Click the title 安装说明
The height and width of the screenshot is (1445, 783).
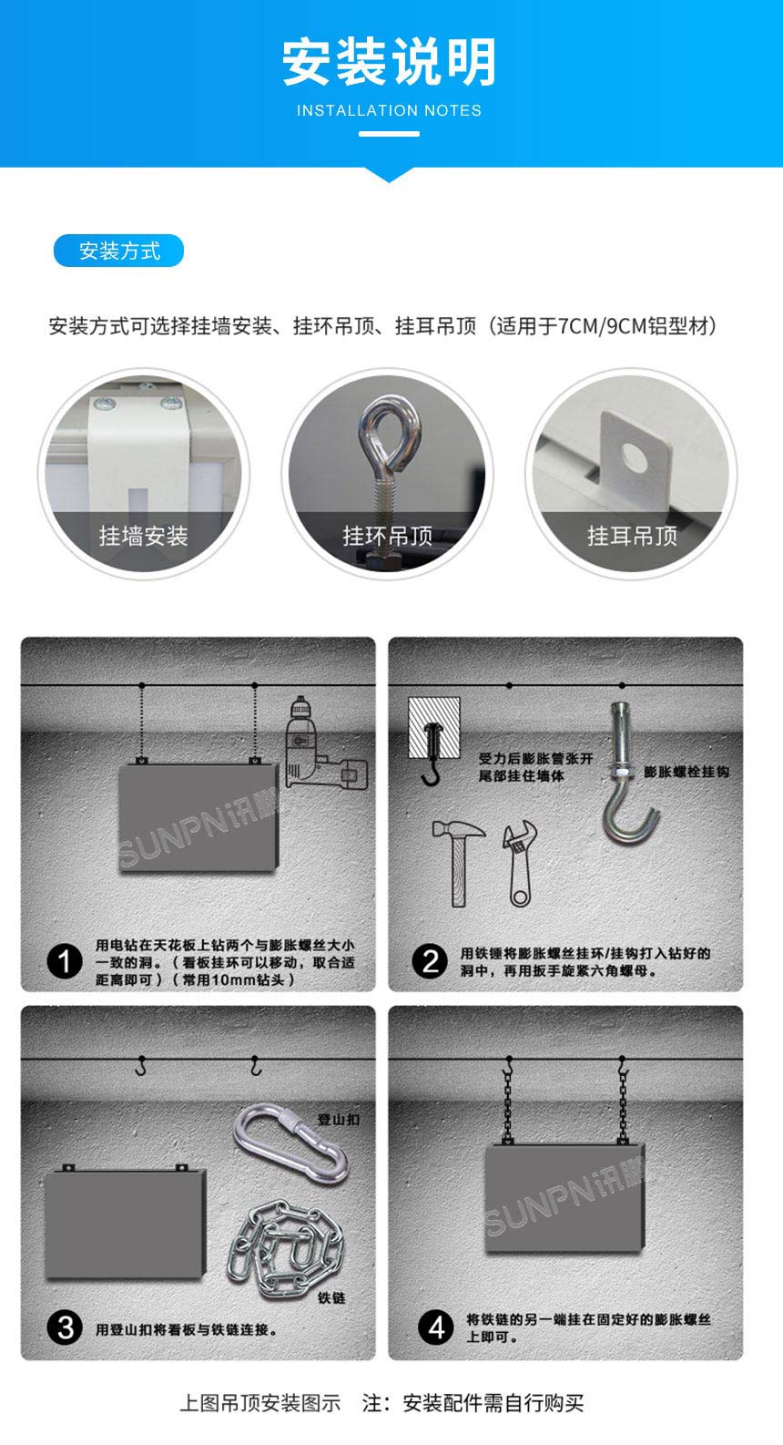[389, 62]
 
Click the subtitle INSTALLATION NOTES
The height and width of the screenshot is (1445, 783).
[389, 110]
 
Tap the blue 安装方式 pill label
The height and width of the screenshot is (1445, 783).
[119, 251]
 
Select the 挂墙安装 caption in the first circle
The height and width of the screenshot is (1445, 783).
[143, 536]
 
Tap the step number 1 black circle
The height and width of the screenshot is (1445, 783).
[64, 961]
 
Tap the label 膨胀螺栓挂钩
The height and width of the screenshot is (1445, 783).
[686, 772]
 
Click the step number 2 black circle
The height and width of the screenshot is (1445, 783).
[430, 961]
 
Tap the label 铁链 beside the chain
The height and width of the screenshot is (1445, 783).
[331, 1297]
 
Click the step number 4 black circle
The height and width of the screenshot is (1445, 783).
[435, 1327]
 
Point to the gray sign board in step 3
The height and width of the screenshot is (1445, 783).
[125, 1224]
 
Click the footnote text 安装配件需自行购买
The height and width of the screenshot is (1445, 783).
[493, 1403]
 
